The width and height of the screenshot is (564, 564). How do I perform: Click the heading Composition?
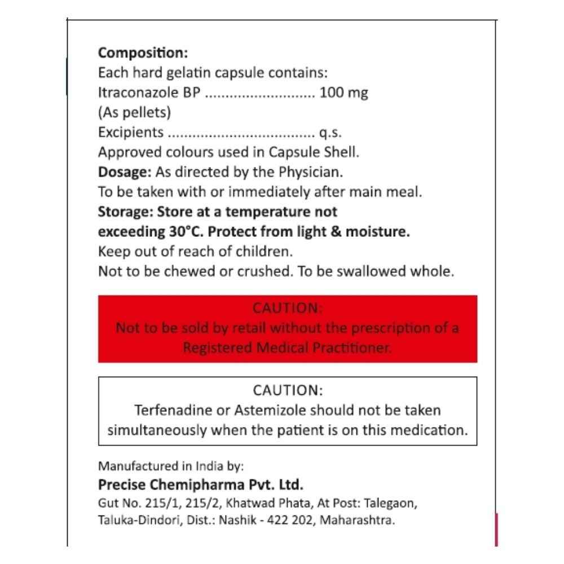143,53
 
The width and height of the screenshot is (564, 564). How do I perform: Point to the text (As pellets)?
134,112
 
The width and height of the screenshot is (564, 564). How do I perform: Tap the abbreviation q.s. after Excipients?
331,133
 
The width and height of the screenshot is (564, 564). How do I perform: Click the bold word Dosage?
125,171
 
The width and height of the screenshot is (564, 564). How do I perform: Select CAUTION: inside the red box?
288,308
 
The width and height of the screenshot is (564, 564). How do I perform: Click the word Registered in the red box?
218,348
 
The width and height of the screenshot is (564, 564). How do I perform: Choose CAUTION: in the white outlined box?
288,390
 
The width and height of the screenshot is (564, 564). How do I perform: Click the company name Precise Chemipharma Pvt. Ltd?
201,484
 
